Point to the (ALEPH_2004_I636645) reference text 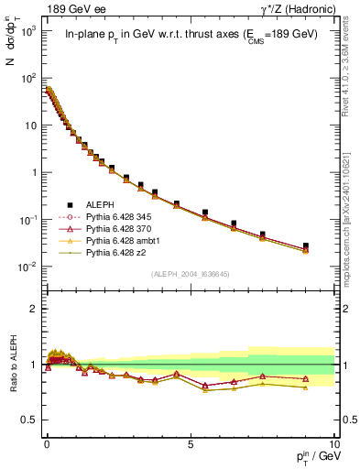190,273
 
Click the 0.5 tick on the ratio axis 29,419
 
